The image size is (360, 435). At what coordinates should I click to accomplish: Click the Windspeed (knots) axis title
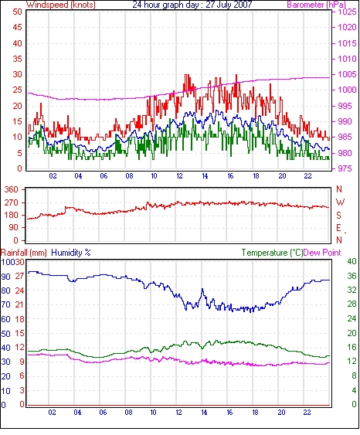[x=61, y=5]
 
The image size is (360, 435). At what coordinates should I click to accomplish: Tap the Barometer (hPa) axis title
[x=317, y=5]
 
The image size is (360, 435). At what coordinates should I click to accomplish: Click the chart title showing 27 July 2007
[x=192, y=5]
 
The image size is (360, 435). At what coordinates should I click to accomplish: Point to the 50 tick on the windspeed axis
[x=17, y=12]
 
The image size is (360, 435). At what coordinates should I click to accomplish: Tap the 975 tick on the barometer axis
[x=345, y=168]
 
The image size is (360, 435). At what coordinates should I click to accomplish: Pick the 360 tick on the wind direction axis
[x=12, y=190]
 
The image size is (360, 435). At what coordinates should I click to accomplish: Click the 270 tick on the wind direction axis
[x=12, y=202]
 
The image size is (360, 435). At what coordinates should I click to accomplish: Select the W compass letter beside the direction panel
[x=340, y=202]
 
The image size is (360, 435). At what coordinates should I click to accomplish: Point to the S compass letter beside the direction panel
[x=338, y=216]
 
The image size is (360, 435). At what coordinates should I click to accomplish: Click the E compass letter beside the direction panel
[x=338, y=228]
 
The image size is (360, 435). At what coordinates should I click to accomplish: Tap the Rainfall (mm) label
[x=24, y=253]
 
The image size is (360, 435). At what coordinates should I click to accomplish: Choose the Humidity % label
[x=71, y=253]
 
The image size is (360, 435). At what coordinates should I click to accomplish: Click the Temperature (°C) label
[x=272, y=253]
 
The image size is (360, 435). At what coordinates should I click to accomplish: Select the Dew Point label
[x=322, y=253]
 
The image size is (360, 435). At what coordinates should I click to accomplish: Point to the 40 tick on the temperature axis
[x=352, y=261]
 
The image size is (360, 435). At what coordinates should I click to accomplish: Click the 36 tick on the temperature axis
[x=352, y=276]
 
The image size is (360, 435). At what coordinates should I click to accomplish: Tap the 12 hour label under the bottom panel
[x=179, y=413]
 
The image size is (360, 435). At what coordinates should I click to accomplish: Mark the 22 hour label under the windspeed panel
[x=307, y=176]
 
